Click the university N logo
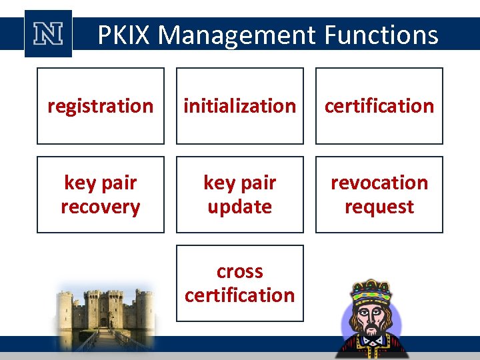coord(48,34)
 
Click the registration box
coord(100,106)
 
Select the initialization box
coord(239,106)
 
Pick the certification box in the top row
coord(379,106)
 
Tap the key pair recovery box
coord(100,195)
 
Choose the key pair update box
coord(239,195)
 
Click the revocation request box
coord(379,195)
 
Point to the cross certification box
coord(239,283)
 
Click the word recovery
coord(100,207)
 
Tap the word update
coord(239,207)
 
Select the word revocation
coord(379,183)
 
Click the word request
coord(379,207)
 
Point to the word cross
coord(239,271)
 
